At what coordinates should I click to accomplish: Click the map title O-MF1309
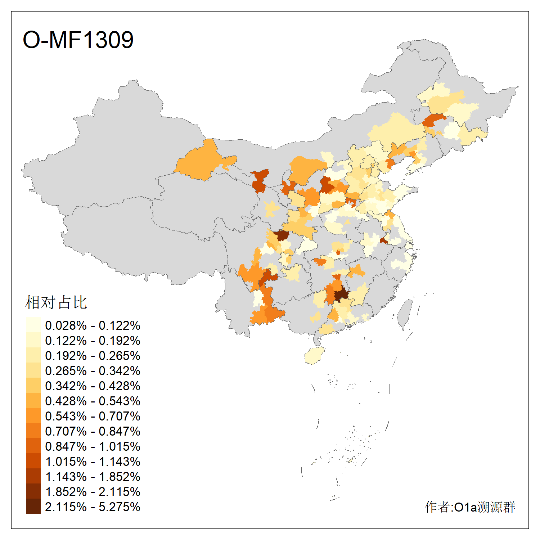coord(78,40)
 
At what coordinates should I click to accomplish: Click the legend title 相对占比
coord(56,302)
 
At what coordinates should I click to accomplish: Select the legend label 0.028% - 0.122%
coord(93,325)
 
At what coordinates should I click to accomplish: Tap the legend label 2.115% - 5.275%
coord(93,507)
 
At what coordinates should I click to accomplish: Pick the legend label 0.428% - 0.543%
coord(93,401)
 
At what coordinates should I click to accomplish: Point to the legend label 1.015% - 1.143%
coord(93,462)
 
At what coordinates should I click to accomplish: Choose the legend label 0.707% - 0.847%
coord(93,431)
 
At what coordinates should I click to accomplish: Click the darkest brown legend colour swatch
coord(33,506)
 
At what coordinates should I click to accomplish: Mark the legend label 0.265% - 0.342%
coord(93,371)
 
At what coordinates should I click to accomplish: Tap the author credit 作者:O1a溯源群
coord(470,507)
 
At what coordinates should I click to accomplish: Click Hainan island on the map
coord(314,355)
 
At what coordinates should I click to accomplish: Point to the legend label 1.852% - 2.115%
coord(93,492)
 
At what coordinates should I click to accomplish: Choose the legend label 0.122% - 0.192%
coord(93,341)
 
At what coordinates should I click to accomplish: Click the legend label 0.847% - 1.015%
coord(93,446)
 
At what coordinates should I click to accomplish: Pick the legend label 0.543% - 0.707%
coord(93,416)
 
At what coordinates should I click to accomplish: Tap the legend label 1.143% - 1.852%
coord(93,477)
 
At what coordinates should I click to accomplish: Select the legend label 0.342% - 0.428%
coord(93,386)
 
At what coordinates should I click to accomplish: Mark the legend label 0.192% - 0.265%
coord(93,356)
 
